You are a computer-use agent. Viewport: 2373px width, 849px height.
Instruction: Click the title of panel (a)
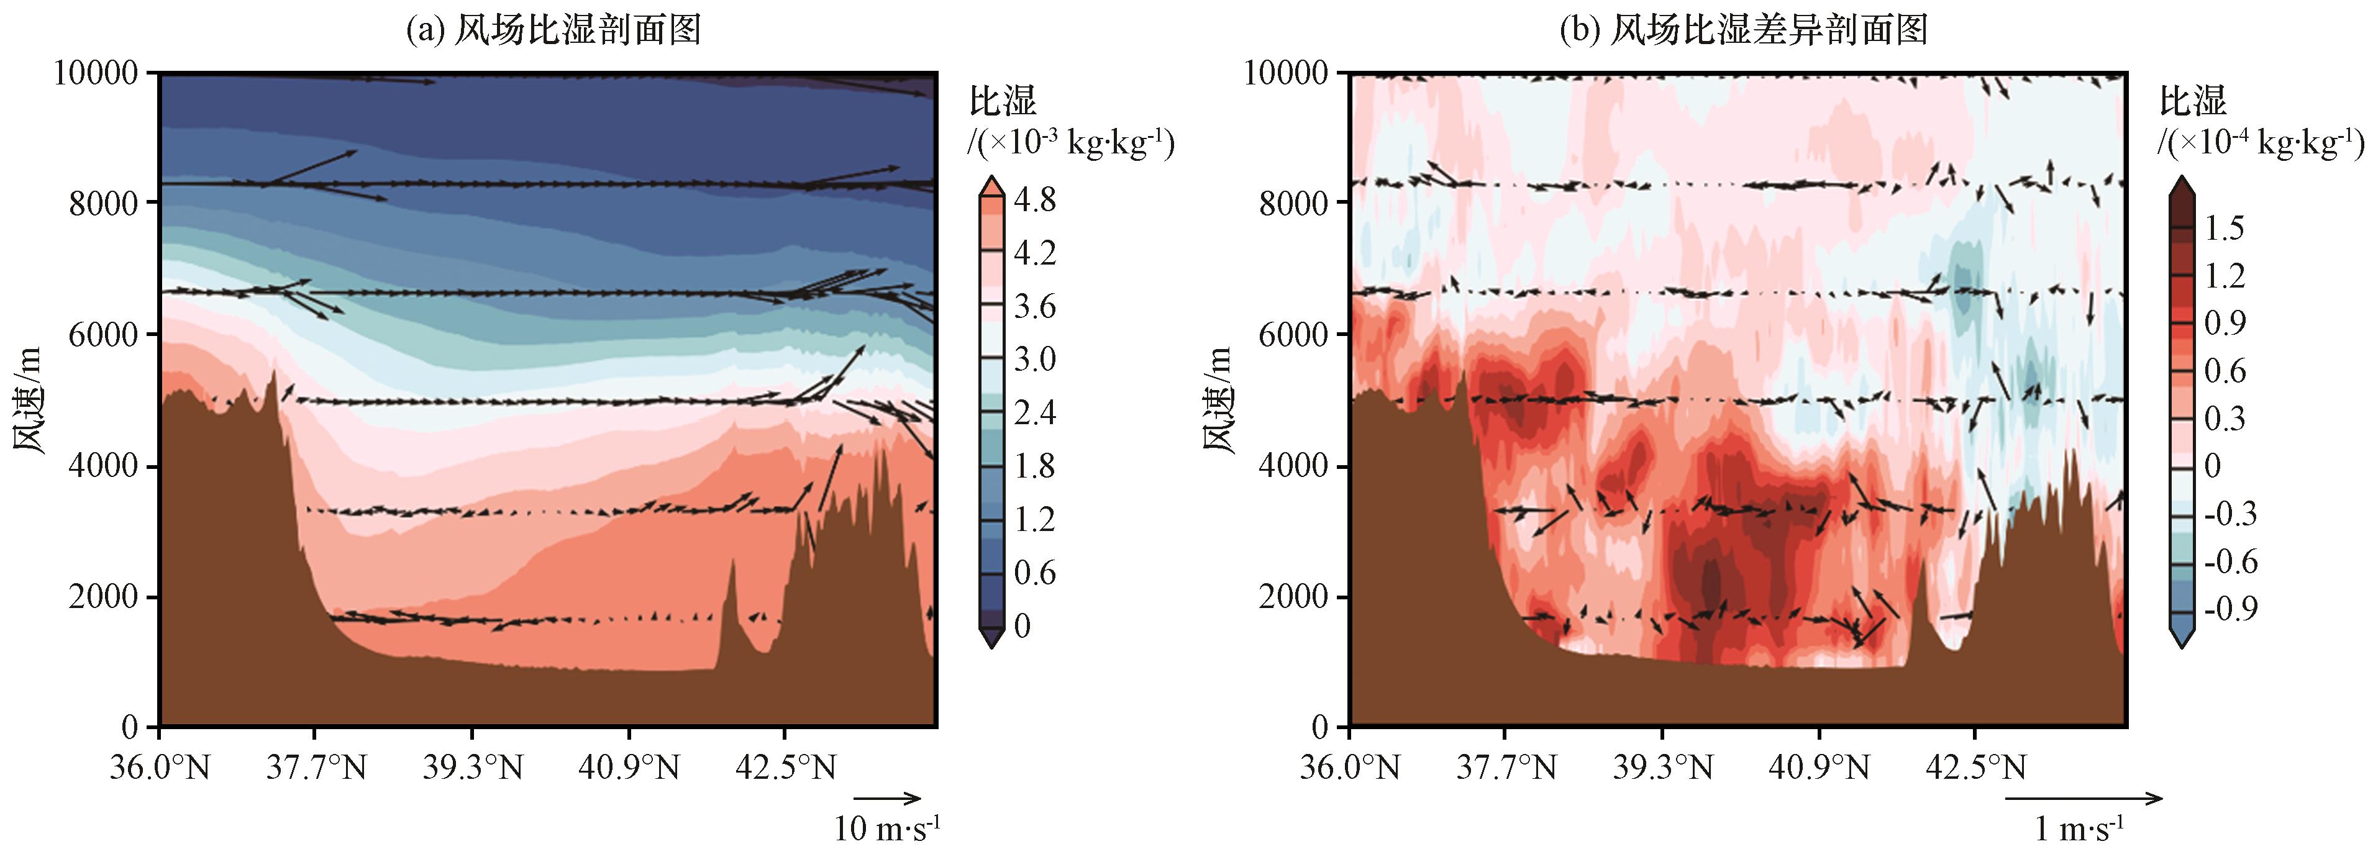(553, 30)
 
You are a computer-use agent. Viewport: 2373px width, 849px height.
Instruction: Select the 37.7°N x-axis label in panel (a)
(315, 767)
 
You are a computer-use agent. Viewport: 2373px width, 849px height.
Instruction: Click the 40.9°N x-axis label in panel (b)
(1820, 767)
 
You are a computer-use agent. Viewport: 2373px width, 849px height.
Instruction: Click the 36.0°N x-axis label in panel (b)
(1349, 767)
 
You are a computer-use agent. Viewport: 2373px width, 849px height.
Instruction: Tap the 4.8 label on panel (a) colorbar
(1034, 200)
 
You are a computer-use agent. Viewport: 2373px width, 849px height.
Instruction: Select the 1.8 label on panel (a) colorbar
(1034, 466)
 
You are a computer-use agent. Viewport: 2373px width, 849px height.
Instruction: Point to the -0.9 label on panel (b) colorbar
(2230, 609)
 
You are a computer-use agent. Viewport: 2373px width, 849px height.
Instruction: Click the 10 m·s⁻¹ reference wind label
(887, 828)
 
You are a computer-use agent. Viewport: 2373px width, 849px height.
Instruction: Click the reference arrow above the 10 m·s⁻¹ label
(887, 797)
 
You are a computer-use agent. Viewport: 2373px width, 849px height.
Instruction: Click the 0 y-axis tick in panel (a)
(129, 727)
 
